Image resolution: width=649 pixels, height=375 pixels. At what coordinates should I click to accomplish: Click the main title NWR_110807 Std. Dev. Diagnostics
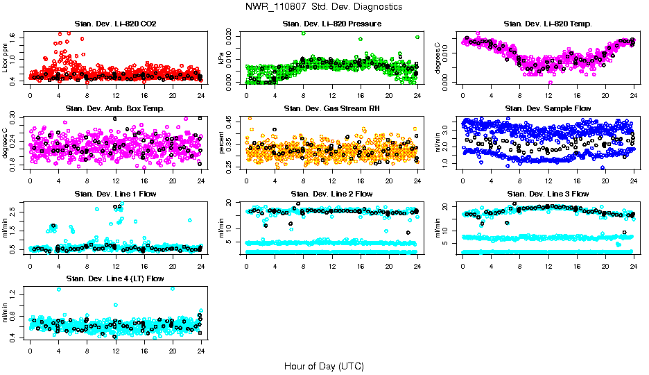coord(324,6)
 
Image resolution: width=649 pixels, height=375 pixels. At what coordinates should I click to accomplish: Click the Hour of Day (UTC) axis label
coord(324,366)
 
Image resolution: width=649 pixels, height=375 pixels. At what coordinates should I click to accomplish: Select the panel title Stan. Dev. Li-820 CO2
coord(115,24)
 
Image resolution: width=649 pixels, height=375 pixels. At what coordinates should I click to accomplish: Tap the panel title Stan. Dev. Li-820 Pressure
coord(331,24)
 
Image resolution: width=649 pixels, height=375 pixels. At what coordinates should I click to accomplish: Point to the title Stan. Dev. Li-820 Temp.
coord(548,24)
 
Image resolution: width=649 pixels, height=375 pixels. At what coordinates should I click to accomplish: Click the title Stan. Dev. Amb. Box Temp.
coord(115,109)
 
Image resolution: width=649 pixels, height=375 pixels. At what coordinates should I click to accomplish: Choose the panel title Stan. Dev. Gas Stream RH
coord(331,109)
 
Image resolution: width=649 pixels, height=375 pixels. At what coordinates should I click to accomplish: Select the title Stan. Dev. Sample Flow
coord(548,109)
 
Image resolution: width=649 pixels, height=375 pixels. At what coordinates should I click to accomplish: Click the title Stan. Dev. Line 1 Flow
coord(115,194)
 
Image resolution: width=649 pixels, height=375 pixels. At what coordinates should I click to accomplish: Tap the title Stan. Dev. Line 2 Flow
coord(331,194)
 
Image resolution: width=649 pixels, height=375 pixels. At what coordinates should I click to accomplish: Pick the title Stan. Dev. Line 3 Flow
coord(548,194)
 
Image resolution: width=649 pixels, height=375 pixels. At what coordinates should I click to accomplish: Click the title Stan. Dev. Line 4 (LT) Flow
coord(115,278)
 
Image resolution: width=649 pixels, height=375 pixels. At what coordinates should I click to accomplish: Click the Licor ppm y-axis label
coord(6,58)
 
